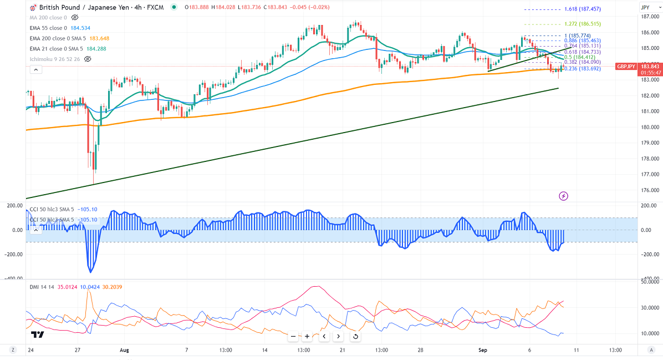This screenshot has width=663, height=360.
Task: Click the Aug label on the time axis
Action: [x=124, y=350]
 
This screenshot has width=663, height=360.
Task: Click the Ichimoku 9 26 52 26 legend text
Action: [x=55, y=58]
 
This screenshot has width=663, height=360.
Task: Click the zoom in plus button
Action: [x=307, y=336]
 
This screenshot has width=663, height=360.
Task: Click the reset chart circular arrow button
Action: [x=355, y=336]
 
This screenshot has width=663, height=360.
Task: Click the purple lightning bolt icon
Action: [x=564, y=195]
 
